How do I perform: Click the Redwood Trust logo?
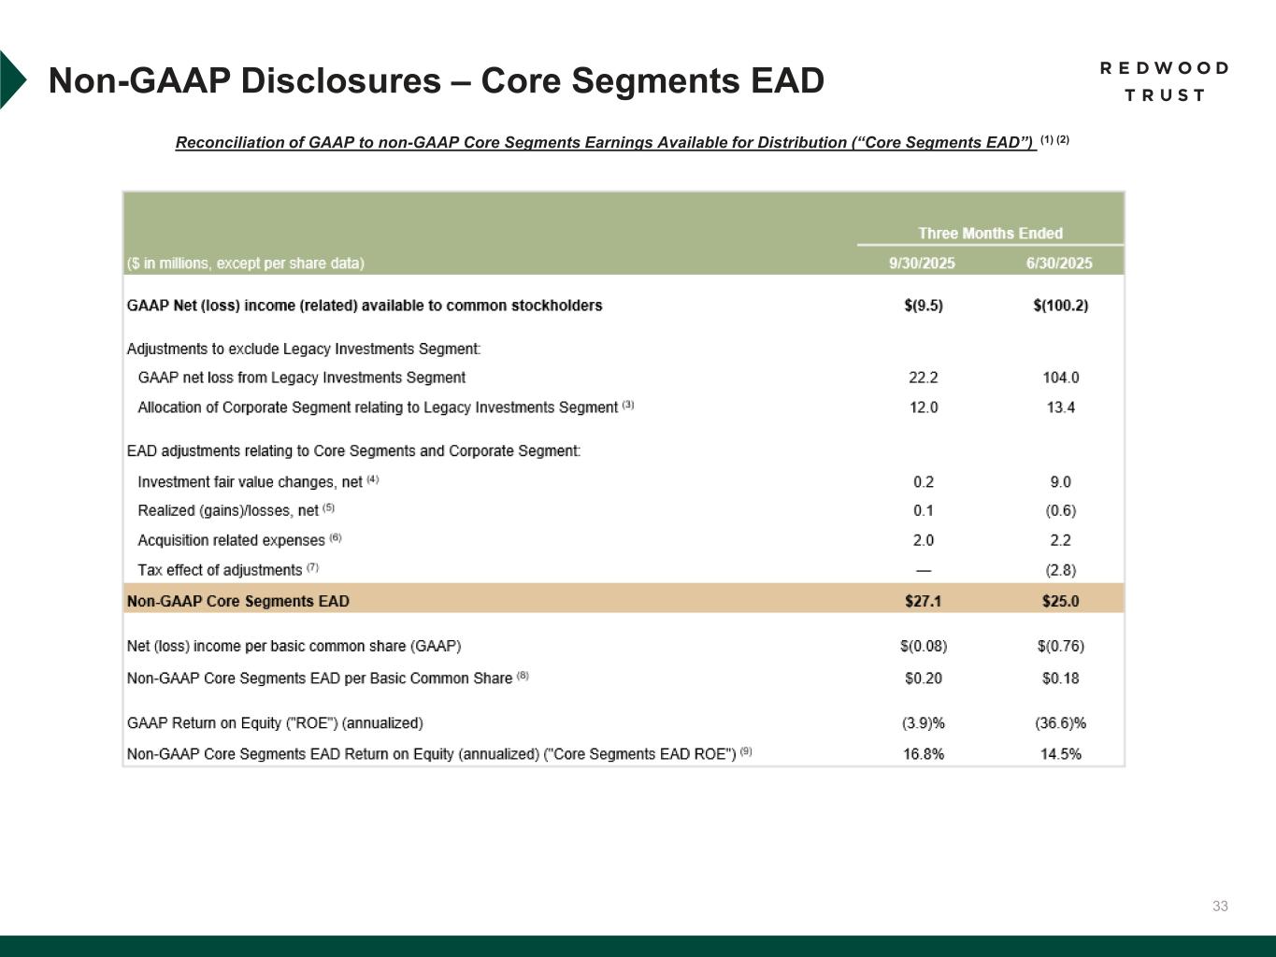pyautogui.click(x=1164, y=81)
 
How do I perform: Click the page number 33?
pyautogui.click(x=1220, y=906)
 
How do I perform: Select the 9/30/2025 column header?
pyautogui.click(x=922, y=264)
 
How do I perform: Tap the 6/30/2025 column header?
pyautogui.click(x=1059, y=264)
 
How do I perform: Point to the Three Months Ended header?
pyautogui.click(x=990, y=234)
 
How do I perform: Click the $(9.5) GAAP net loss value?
pyautogui.click(x=923, y=306)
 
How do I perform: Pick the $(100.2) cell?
pyautogui.click(x=1060, y=306)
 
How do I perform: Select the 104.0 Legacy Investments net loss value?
pyautogui.click(x=1060, y=378)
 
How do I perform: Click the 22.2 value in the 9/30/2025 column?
pyautogui.click(x=923, y=378)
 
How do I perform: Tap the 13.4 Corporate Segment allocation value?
pyautogui.click(x=1060, y=407)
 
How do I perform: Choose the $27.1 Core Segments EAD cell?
pyautogui.click(x=923, y=601)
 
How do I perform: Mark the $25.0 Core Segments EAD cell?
pyautogui.click(x=1060, y=601)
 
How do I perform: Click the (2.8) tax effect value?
pyautogui.click(x=1060, y=570)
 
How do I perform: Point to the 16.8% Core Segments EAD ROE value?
pyautogui.click(x=923, y=754)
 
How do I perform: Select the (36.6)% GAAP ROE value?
pyautogui.click(x=1060, y=723)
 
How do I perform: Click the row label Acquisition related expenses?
pyautogui.click(x=231, y=540)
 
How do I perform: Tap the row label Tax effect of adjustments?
pyautogui.click(x=220, y=570)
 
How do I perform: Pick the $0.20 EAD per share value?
pyautogui.click(x=923, y=678)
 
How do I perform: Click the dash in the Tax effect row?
pyautogui.click(x=923, y=570)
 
